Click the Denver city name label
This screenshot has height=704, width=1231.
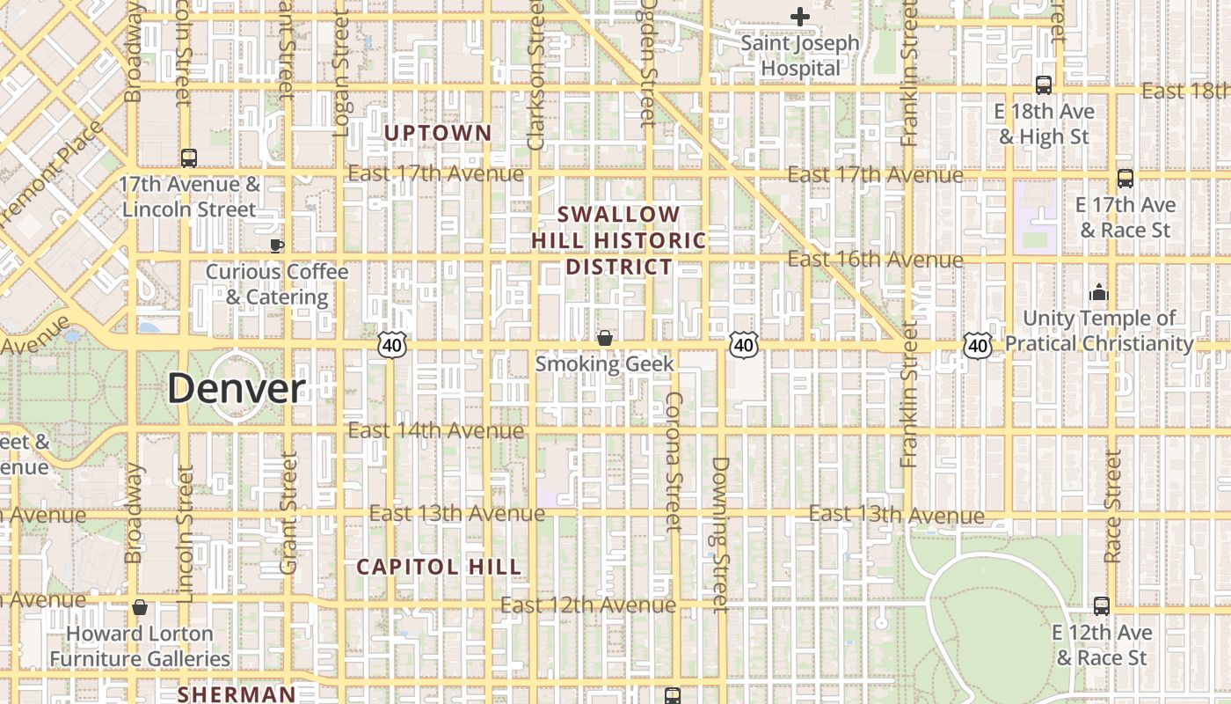click(237, 388)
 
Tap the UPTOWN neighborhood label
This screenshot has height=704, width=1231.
click(438, 133)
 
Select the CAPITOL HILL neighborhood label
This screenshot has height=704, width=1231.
click(439, 567)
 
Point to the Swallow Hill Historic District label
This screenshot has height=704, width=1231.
click(619, 240)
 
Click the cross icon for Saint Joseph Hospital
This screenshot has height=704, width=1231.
click(799, 17)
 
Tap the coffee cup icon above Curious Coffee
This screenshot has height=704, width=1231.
click(277, 246)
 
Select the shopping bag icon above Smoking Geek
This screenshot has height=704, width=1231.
click(605, 338)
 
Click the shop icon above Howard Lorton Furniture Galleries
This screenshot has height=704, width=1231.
click(139, 607)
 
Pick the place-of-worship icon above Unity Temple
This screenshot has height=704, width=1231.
click(1098, 292)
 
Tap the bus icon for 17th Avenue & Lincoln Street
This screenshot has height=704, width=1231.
click(189, 158)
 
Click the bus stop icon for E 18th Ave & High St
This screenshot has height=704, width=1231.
click(1044, 85)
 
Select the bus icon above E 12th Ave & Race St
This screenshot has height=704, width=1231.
click(1102, 605)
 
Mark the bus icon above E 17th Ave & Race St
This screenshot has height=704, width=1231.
click(1125, 179)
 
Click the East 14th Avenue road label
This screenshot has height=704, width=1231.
click(436, 430)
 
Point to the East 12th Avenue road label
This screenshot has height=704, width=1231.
click(588, 605)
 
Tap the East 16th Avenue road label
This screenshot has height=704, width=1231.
click(875, 260)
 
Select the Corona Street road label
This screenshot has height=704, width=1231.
click(674, 462)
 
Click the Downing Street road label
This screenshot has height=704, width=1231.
click(720, 534)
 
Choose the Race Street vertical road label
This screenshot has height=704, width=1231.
click(1113, 507)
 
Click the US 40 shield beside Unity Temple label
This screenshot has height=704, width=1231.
click(978, 346)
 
